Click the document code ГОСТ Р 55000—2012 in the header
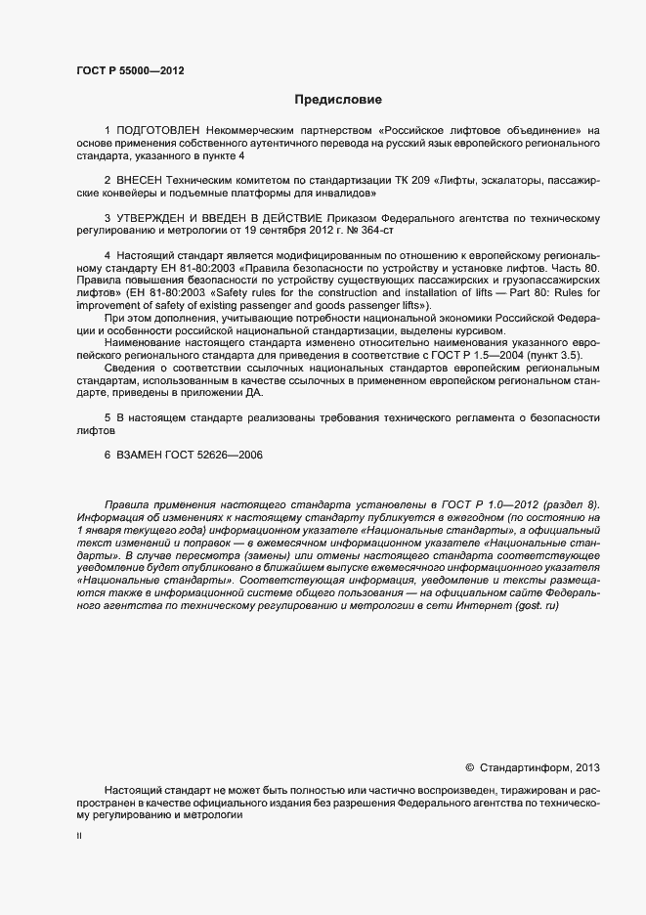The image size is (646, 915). pyautogui.click(x=129, y=70)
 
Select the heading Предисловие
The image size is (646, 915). pyautogui.click(x=338, y=100)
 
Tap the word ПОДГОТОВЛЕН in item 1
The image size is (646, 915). pyautogui.click(x=158, y=130)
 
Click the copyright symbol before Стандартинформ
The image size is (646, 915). pyautogui.click(x=469, y=768)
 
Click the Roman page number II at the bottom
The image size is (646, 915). pyautogui.click(x=79, y=836)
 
